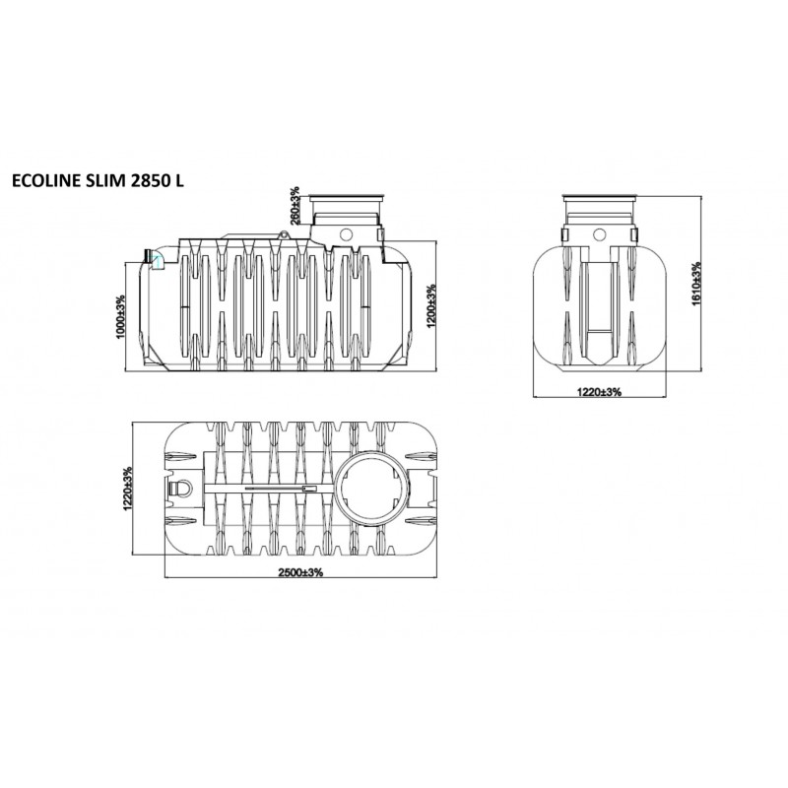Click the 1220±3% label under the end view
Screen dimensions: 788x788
point(599,392)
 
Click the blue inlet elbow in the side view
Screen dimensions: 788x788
point(154,257)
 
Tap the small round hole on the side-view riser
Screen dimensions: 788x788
point(346,232)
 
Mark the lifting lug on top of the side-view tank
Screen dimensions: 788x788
point(285,234)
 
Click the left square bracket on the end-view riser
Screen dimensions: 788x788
point(565,236)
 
